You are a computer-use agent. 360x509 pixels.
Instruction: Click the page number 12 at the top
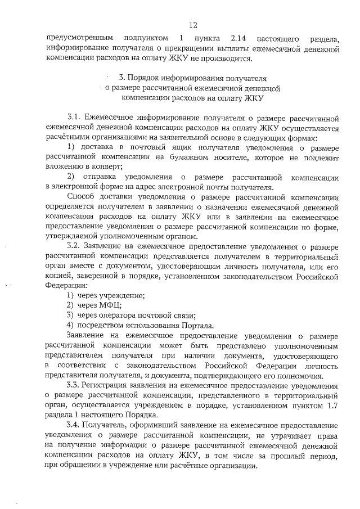pos(193,25)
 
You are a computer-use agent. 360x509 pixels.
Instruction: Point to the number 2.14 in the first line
pos(240,38)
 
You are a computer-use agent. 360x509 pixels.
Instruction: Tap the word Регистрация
pos(108,385)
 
